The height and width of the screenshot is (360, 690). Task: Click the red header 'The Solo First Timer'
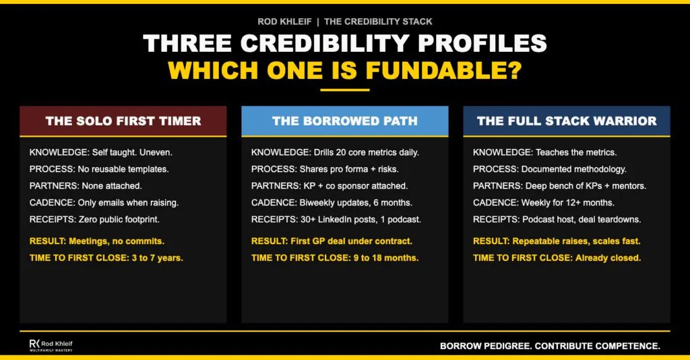(x=123, y=121)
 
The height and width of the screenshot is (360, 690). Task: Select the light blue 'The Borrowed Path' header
(x=344, y=121)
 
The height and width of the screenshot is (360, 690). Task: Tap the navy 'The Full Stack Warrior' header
(x=566, y=121)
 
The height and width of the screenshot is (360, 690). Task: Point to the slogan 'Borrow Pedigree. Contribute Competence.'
(x=550, y=346)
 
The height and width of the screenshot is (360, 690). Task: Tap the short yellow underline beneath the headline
(x=344, y=90)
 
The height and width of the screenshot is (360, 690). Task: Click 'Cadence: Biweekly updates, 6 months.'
(x=330, y=202)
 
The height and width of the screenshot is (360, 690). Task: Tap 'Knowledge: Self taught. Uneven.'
(x=96, y=152)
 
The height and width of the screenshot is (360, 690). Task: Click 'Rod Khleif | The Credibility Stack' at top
(x=344, y=22)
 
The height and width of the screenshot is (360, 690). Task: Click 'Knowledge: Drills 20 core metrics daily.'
(x=335, y=152)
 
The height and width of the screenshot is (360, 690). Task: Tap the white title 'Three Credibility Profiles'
(x=344, y=44)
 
